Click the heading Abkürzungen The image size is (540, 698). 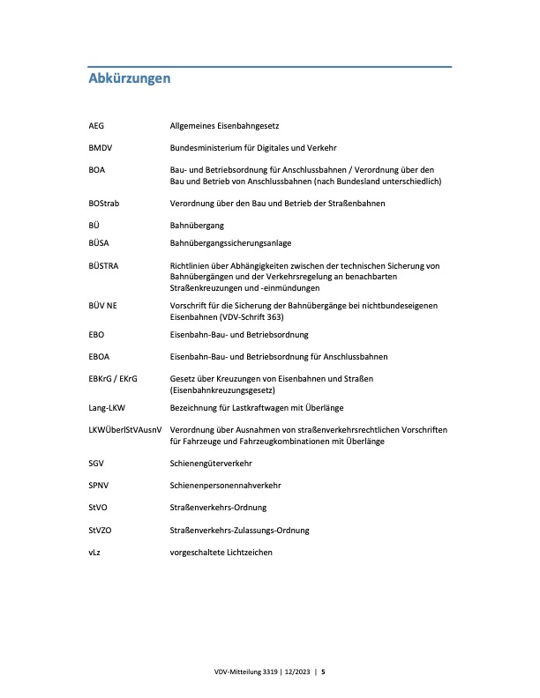[130, 79]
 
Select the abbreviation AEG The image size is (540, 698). [97, 127]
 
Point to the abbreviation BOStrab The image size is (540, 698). [104, 203]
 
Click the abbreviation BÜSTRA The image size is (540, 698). [104, 264]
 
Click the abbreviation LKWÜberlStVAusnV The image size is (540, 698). [126, 429]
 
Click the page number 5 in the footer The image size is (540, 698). [323, 672]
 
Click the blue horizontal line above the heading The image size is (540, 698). [270, 66]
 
